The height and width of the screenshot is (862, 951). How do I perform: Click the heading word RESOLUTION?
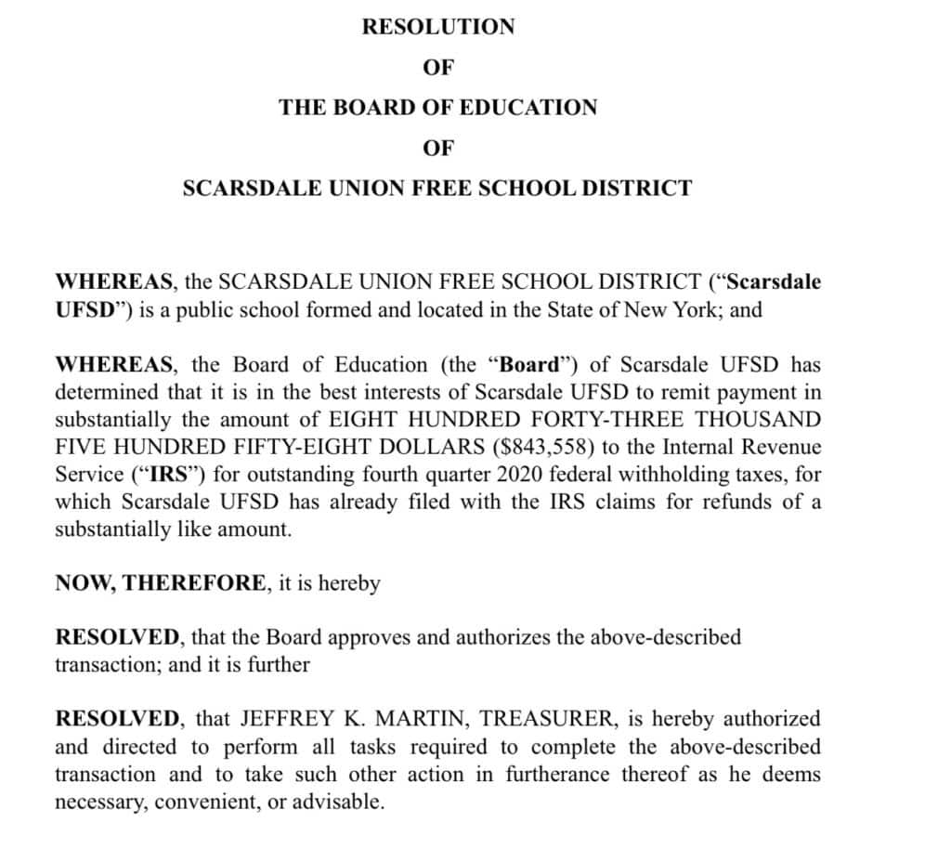[x=437, y=27]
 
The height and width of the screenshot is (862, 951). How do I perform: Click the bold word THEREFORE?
[x=196, y=583]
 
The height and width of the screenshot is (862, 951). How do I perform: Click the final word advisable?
[x=337, y=803]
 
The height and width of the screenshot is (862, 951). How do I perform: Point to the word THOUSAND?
[x=763, y=419]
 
